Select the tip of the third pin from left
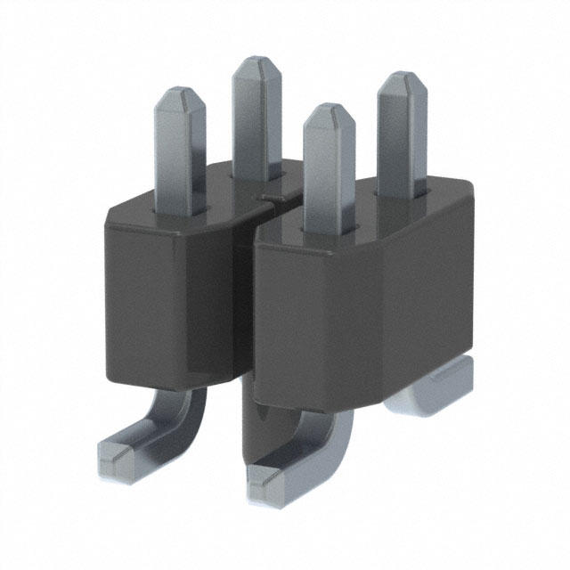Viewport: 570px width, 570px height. tap(330, 114)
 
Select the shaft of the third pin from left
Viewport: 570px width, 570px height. tap(330, 178)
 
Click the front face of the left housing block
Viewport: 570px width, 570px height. tap(178, 294)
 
